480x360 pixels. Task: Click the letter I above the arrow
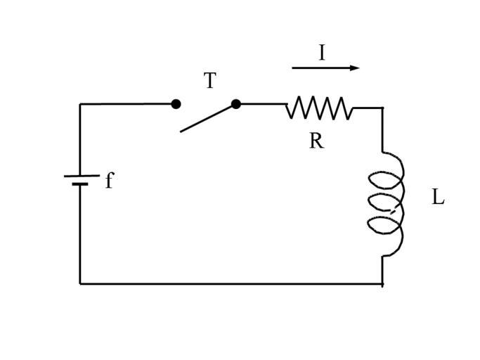(x=322, y=53)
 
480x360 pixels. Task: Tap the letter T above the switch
(x=209, y=81)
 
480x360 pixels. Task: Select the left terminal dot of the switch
(x=176, y=104)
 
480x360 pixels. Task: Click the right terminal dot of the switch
(x=236, y=104)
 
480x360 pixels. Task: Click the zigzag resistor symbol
(x=319, y=108)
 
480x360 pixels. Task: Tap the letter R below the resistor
(x=316, y=141)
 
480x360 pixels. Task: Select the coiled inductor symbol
(x=389, y=203)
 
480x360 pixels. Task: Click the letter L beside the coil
(x=438, y=198)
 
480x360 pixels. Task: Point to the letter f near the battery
(x=109, y=181)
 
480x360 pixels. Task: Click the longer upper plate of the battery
(x=81, y=176)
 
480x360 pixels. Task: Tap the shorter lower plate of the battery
(x=80, y=184)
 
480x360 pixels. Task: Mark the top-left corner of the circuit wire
(x=80, y=105)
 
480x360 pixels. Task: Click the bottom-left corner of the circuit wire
(x=80, y=283)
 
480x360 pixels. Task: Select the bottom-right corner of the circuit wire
(x=382, y=283)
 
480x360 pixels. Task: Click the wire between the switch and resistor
(x=261, y=104)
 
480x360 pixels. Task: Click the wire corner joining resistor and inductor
(x=382, y=108)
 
